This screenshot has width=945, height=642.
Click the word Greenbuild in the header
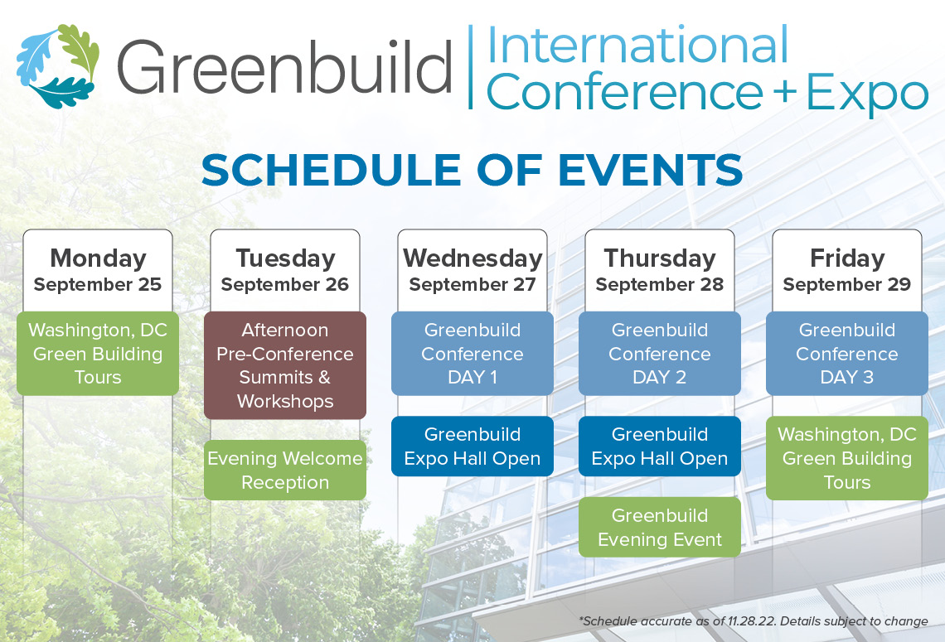pyautogui.click(x=284, y=66)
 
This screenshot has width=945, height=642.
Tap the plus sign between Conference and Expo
pyautogui.click(x=785, y=92)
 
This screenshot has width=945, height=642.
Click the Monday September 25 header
pyautogui.click(x=98, y=270)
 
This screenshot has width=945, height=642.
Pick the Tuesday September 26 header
pyautogui.click(x=285, y=270)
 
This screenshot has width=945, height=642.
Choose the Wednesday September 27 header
pyautogui.click(x=472, y=270)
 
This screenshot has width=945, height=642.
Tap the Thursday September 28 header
pyautogui.click(x=660, y=270)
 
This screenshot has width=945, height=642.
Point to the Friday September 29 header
pyautogui.click(x=846, y=270)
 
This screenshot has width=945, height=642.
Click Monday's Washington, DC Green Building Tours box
pyautogui.click(x=98, y=354)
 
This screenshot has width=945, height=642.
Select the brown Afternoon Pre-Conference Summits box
pyautogui.click(x=285, y=365)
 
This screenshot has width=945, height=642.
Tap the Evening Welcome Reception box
pyautogui.click(x=285, y=471)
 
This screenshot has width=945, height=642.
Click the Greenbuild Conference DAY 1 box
pyautogui.click(x=472, y=354)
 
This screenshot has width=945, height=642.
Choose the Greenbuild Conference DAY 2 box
pyautogui.click(x=660, y=354)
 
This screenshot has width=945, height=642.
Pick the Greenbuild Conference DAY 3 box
pyautogui.click(x=846, y=354)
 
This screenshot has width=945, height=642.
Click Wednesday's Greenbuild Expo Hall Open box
pyautogui.click(x=472, y=447)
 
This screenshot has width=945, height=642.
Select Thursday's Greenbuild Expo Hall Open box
pyautogui.click(x=660, y=447)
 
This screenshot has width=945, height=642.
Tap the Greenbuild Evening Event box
pyautogui.click(x=660, y=527)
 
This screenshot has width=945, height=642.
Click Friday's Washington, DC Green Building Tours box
pyautogui.click(x=846, y=458)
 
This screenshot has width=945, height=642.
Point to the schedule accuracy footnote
pyautogui.click(x=754, y=621)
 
